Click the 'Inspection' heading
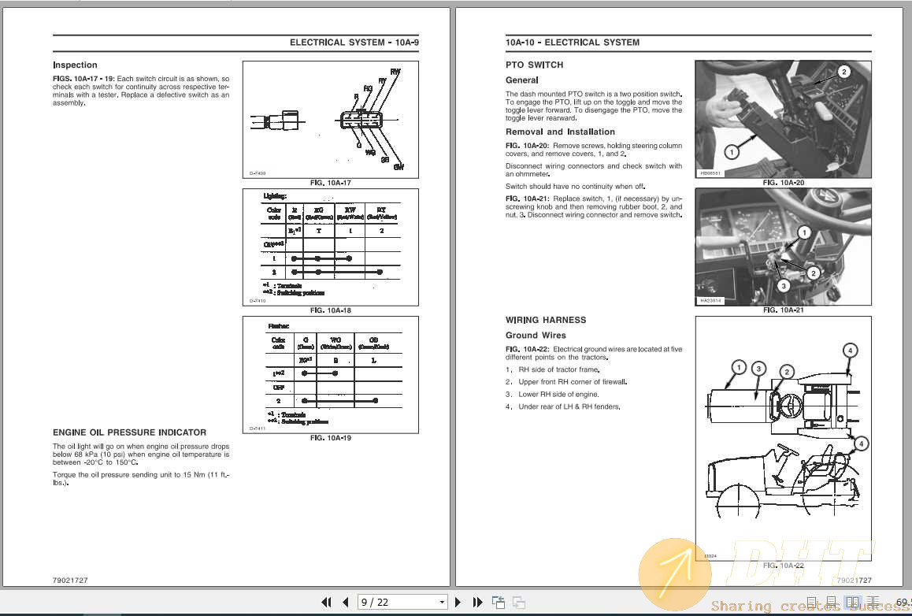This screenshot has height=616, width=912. point(75,65)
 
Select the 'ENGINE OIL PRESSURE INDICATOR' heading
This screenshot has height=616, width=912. point(129,432)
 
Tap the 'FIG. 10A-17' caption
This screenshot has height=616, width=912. point(330,183)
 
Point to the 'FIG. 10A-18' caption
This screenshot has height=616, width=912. point(330,310)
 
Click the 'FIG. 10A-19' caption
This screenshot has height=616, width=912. point(330,437)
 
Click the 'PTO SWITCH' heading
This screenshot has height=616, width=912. point(534,65)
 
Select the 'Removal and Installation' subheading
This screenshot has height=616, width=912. point(560,132)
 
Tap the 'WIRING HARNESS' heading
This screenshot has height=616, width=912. point(546,321)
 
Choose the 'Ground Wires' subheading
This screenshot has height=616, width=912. point(536,336)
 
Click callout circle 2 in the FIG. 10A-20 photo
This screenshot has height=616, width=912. point(843,72)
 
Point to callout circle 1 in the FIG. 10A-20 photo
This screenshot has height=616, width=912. point(730,151)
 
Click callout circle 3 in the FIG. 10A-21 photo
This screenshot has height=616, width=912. point(783,286)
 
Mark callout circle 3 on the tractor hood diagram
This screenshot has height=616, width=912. point(758,368)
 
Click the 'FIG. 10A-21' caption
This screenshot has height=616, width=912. point(783,310)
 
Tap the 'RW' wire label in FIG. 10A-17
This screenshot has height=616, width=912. point(395,72)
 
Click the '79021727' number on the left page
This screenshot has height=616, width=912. point(70,581)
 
